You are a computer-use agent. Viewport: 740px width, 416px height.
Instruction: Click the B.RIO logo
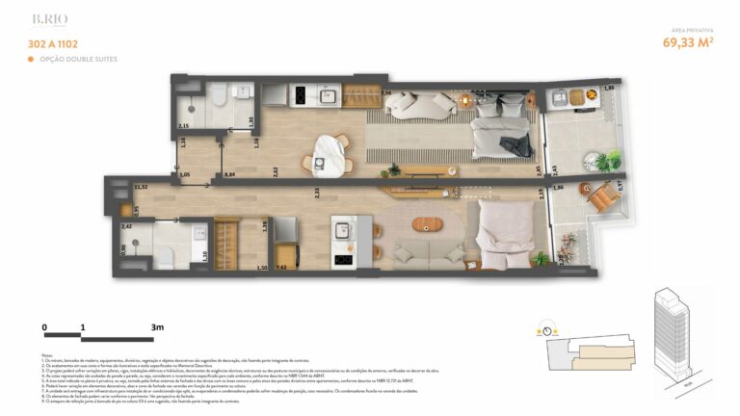(x=49, y=18)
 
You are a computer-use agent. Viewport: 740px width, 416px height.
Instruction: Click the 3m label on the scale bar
(x=157, y=327)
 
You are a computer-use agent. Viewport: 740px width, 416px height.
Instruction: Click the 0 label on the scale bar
(x=44, y=327)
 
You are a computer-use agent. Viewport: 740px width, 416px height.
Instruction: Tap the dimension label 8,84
(x=229, y=174)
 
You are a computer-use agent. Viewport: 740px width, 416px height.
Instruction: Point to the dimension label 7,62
(x=282, y=267)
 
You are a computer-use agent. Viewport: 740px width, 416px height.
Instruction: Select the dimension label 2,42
(x=126, y=226)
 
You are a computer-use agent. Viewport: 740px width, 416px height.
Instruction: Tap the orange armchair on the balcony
(x=603, y=196)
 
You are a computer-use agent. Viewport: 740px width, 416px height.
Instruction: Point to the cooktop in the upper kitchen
(x=300, y=95)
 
